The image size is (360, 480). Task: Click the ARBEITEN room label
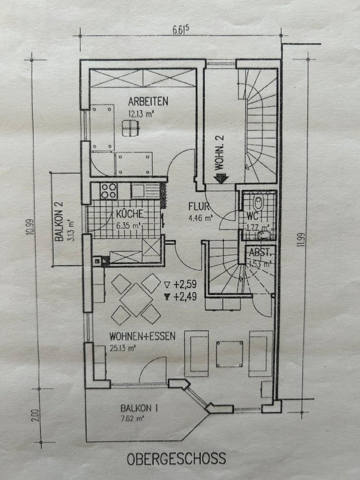[x=147, y=102]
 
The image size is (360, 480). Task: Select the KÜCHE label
[x=128, y=215]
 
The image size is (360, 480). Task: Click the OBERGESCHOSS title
[x=176, y=458]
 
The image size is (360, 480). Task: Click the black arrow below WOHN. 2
[x=220, y=179]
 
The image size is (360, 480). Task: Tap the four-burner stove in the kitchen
[x=109, y=191]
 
